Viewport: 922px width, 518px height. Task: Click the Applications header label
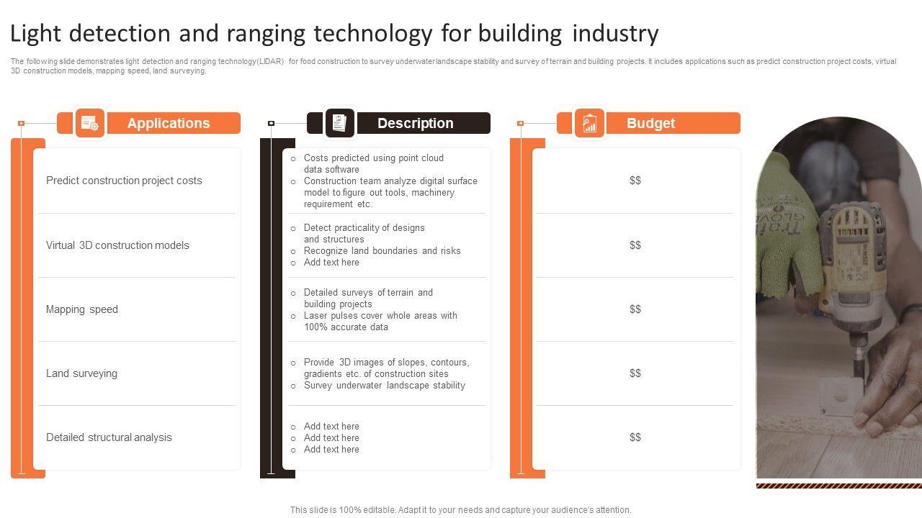(168, 123)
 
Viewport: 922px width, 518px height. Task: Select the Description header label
(415, 123)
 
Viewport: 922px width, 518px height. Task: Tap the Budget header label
(650, 123)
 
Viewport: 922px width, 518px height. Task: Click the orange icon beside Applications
(90, 123)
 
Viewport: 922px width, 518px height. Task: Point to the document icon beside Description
(339, 123)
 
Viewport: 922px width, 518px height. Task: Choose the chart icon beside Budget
(589, 123)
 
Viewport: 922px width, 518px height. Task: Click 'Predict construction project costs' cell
(124, 181)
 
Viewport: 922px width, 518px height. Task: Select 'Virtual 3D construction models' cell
(117, 245)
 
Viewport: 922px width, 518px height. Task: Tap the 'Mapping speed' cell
(82, 309)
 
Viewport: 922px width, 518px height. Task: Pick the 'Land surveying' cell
(81, 373)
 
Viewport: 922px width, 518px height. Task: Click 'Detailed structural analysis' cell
(109, 437)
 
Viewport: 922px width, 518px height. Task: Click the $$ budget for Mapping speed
(635, 309)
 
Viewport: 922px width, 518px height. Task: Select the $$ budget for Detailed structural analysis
(635, 437)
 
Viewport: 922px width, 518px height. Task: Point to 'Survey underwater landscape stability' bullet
(384, 386)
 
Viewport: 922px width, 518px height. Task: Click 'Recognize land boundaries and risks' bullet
(382, 251)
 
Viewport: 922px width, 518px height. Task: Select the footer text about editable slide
(460, 510)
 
